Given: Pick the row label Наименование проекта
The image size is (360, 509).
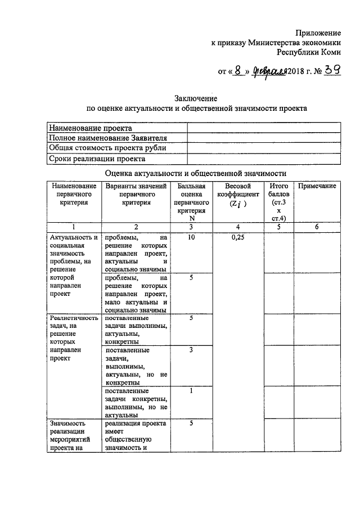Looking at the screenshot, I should coord(87,128).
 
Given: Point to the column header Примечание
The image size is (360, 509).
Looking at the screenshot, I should coord(317,186).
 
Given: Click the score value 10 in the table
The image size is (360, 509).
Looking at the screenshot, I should coord(191,237).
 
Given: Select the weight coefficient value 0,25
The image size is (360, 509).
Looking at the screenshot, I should coord(238,237).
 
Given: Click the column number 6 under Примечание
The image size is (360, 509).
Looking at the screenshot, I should coord(317,227).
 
